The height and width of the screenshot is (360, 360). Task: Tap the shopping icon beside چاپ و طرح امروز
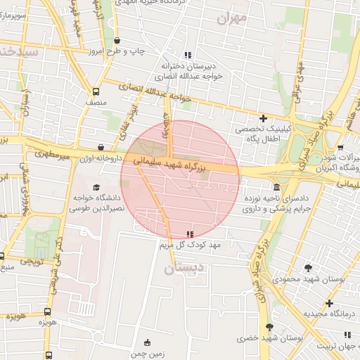point(117,40)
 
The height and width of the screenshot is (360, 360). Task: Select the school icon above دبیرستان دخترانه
point(187,55)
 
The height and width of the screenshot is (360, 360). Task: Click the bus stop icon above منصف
point(96,91)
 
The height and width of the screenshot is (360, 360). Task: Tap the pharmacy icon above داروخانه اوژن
point(101,148)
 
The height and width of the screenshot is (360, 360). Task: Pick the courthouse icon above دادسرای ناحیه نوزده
point(276,188)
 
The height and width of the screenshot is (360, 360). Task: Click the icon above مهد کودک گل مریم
point(190,233)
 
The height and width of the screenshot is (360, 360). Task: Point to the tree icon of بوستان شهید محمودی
point(308,268)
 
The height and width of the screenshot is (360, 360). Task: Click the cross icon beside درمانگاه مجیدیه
point(329,303)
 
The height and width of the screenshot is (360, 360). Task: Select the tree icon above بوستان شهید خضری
point(269,327)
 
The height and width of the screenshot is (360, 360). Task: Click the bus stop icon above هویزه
point(48,311)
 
